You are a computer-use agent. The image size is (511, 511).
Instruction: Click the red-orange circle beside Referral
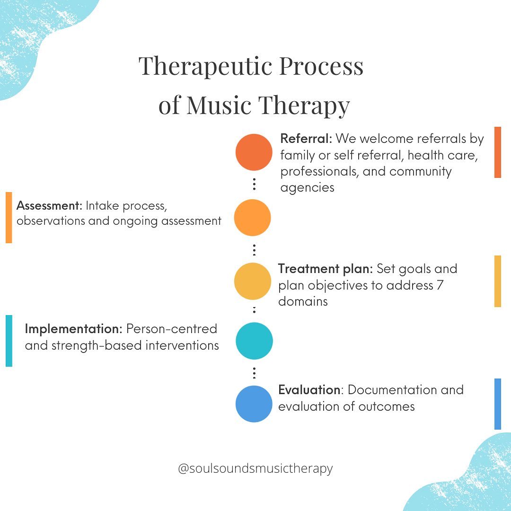click(x=254, y=152)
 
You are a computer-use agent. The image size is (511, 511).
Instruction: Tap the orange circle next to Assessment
click(x=253, y=218)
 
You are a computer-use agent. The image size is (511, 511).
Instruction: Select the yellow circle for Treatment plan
click(x=253, y=281)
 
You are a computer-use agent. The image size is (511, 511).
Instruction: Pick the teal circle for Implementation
click(x=254, y=341)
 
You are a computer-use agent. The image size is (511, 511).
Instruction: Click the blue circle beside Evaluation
click(x=254, y=404)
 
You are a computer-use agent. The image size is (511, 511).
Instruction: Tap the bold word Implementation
click(x=74, y=329)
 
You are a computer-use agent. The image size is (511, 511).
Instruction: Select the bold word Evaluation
click(x=309, y=390)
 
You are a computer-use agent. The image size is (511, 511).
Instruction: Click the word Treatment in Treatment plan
click(x=308, y=269)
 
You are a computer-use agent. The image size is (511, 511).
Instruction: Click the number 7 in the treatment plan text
click(x=440, y=285)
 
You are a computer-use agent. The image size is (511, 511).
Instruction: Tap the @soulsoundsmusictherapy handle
click(x=255, y=468)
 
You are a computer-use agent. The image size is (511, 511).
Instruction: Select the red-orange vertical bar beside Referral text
click(x=498, y=152)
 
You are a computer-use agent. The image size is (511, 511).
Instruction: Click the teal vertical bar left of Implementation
click(x=9, y=341)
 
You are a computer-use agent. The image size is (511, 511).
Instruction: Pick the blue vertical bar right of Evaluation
click(x=498, y=404)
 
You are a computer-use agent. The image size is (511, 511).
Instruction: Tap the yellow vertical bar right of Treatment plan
click(x=498, y=281)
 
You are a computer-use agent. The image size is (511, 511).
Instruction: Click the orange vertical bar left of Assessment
click(x=9, y=218)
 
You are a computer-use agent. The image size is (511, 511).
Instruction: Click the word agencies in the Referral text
click(x=308, y=188)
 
